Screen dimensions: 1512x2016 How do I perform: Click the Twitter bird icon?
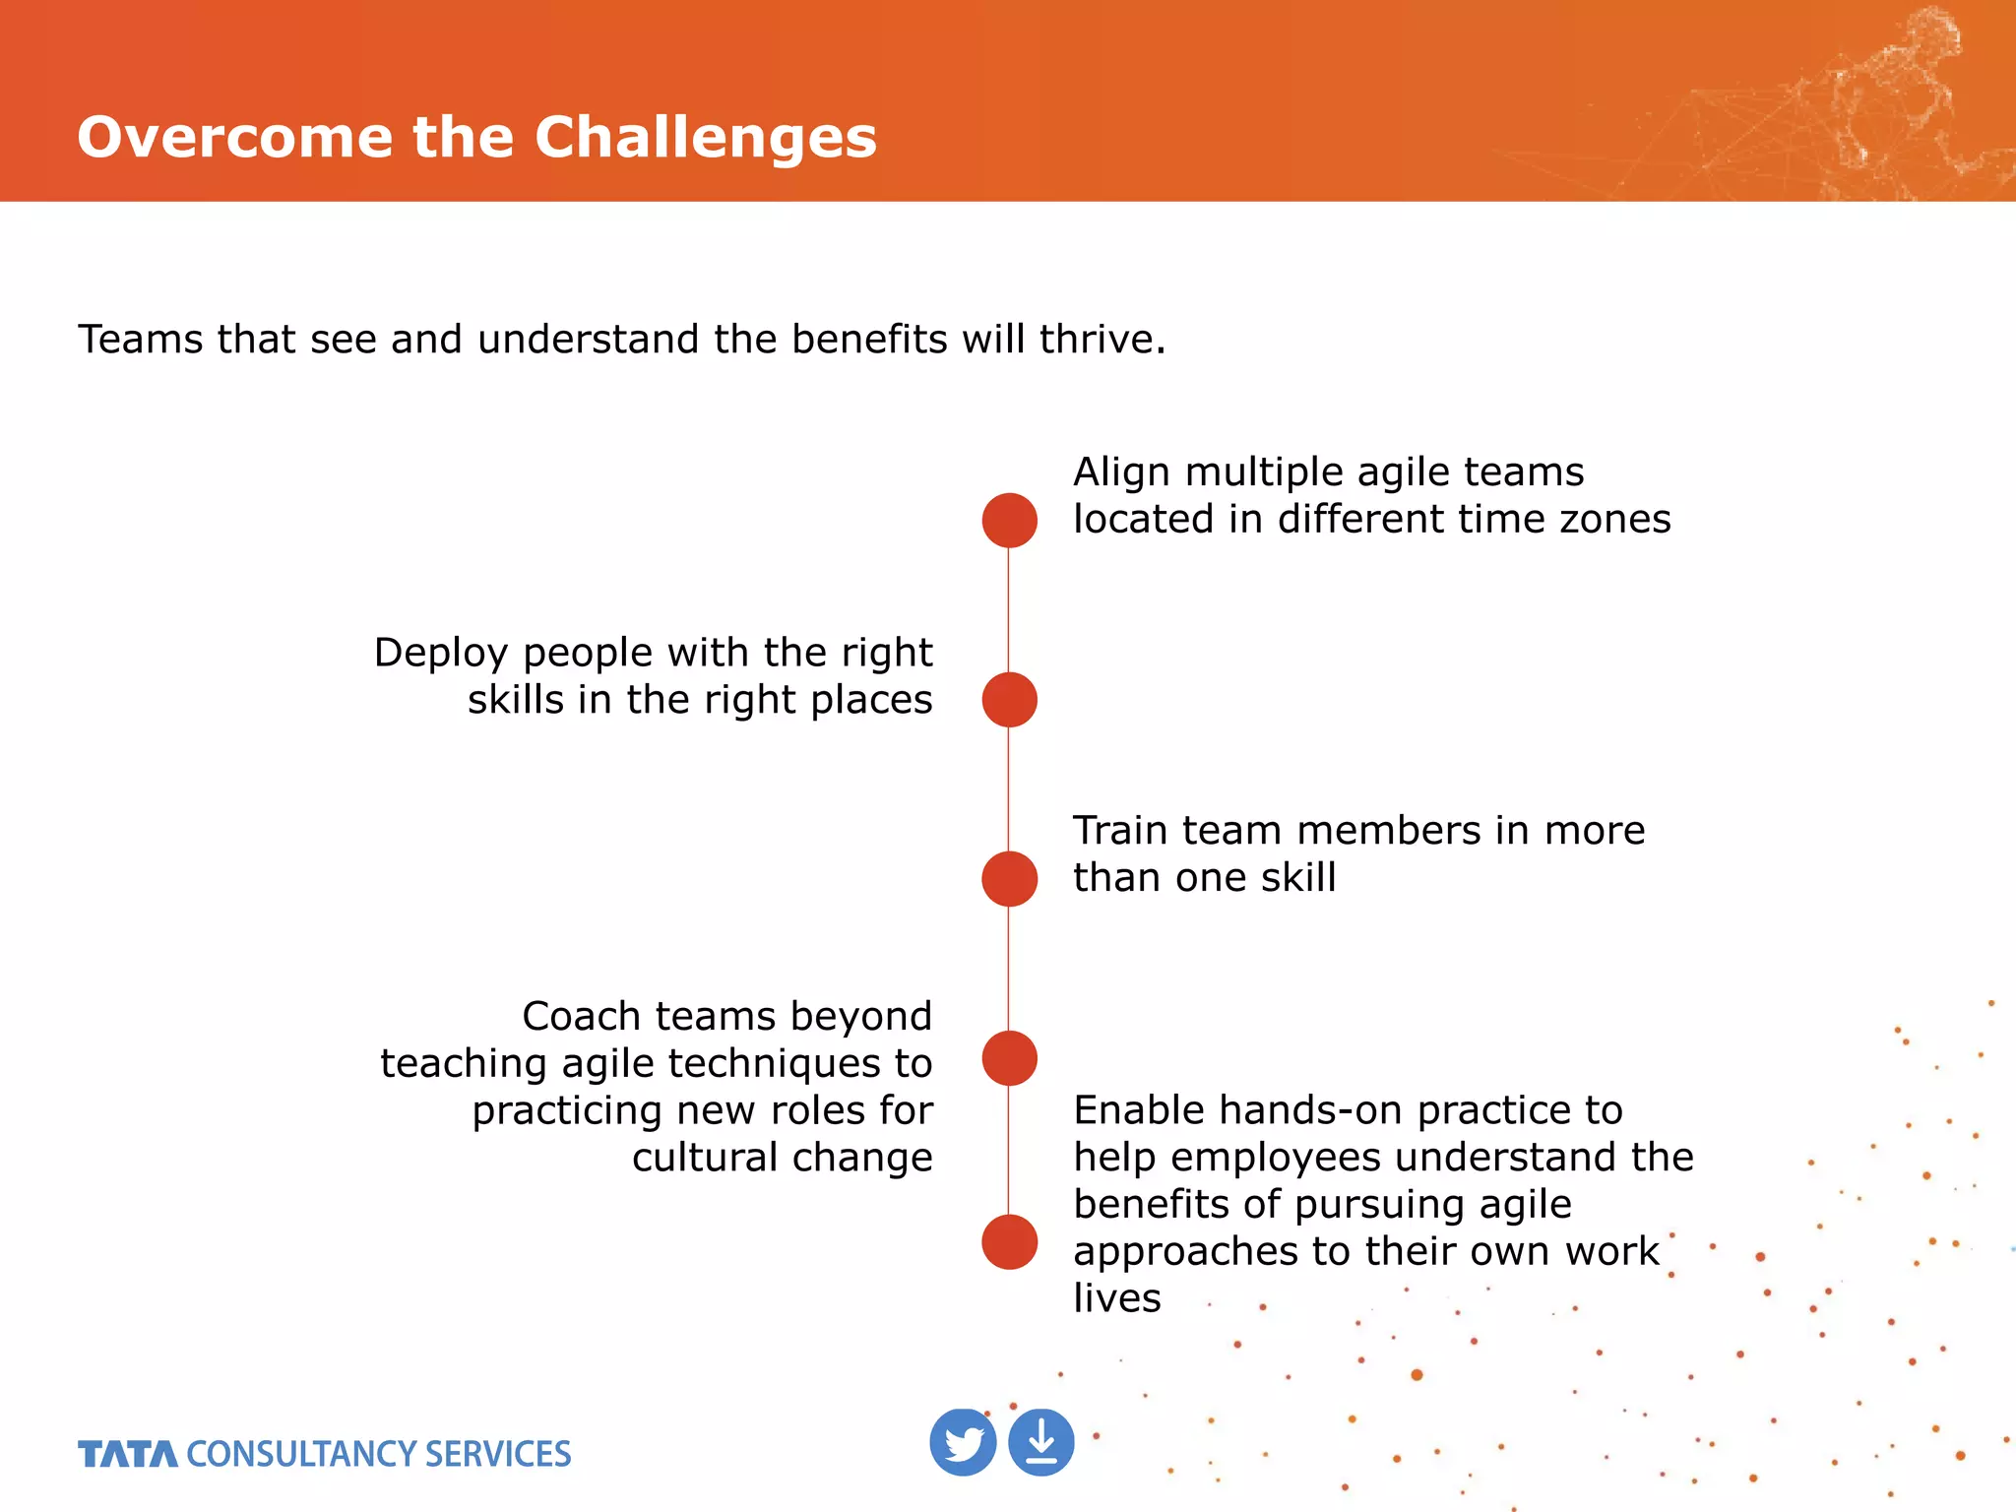pyautogui.click(x=963, y=1443)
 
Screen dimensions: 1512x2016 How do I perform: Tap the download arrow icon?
pyautogui.click(x=1041, y=1443)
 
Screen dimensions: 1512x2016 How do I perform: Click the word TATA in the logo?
pyautogui.click(x=128, y=1454)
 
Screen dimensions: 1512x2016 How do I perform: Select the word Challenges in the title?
pyautogui.click(x=705, y=137)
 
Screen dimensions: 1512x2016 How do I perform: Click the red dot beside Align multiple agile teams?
pyautogui.click(x=1009, y=520)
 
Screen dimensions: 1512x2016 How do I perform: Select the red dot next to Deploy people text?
pyautogui.click(x=1009, y=700)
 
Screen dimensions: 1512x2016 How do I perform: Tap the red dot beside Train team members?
pyautogui.click(x=1009, y=878)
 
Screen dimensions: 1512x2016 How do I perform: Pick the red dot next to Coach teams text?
pyautogui.click(x=1009, y=1058)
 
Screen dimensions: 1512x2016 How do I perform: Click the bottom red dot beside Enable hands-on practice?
pyautogui.click(x=1009, y=1241)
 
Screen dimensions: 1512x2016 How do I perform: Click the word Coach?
pyautogui.click(x=581, y=1016)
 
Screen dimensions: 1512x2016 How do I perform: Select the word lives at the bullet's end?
pyautogui.click(x=1116, y=1298)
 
